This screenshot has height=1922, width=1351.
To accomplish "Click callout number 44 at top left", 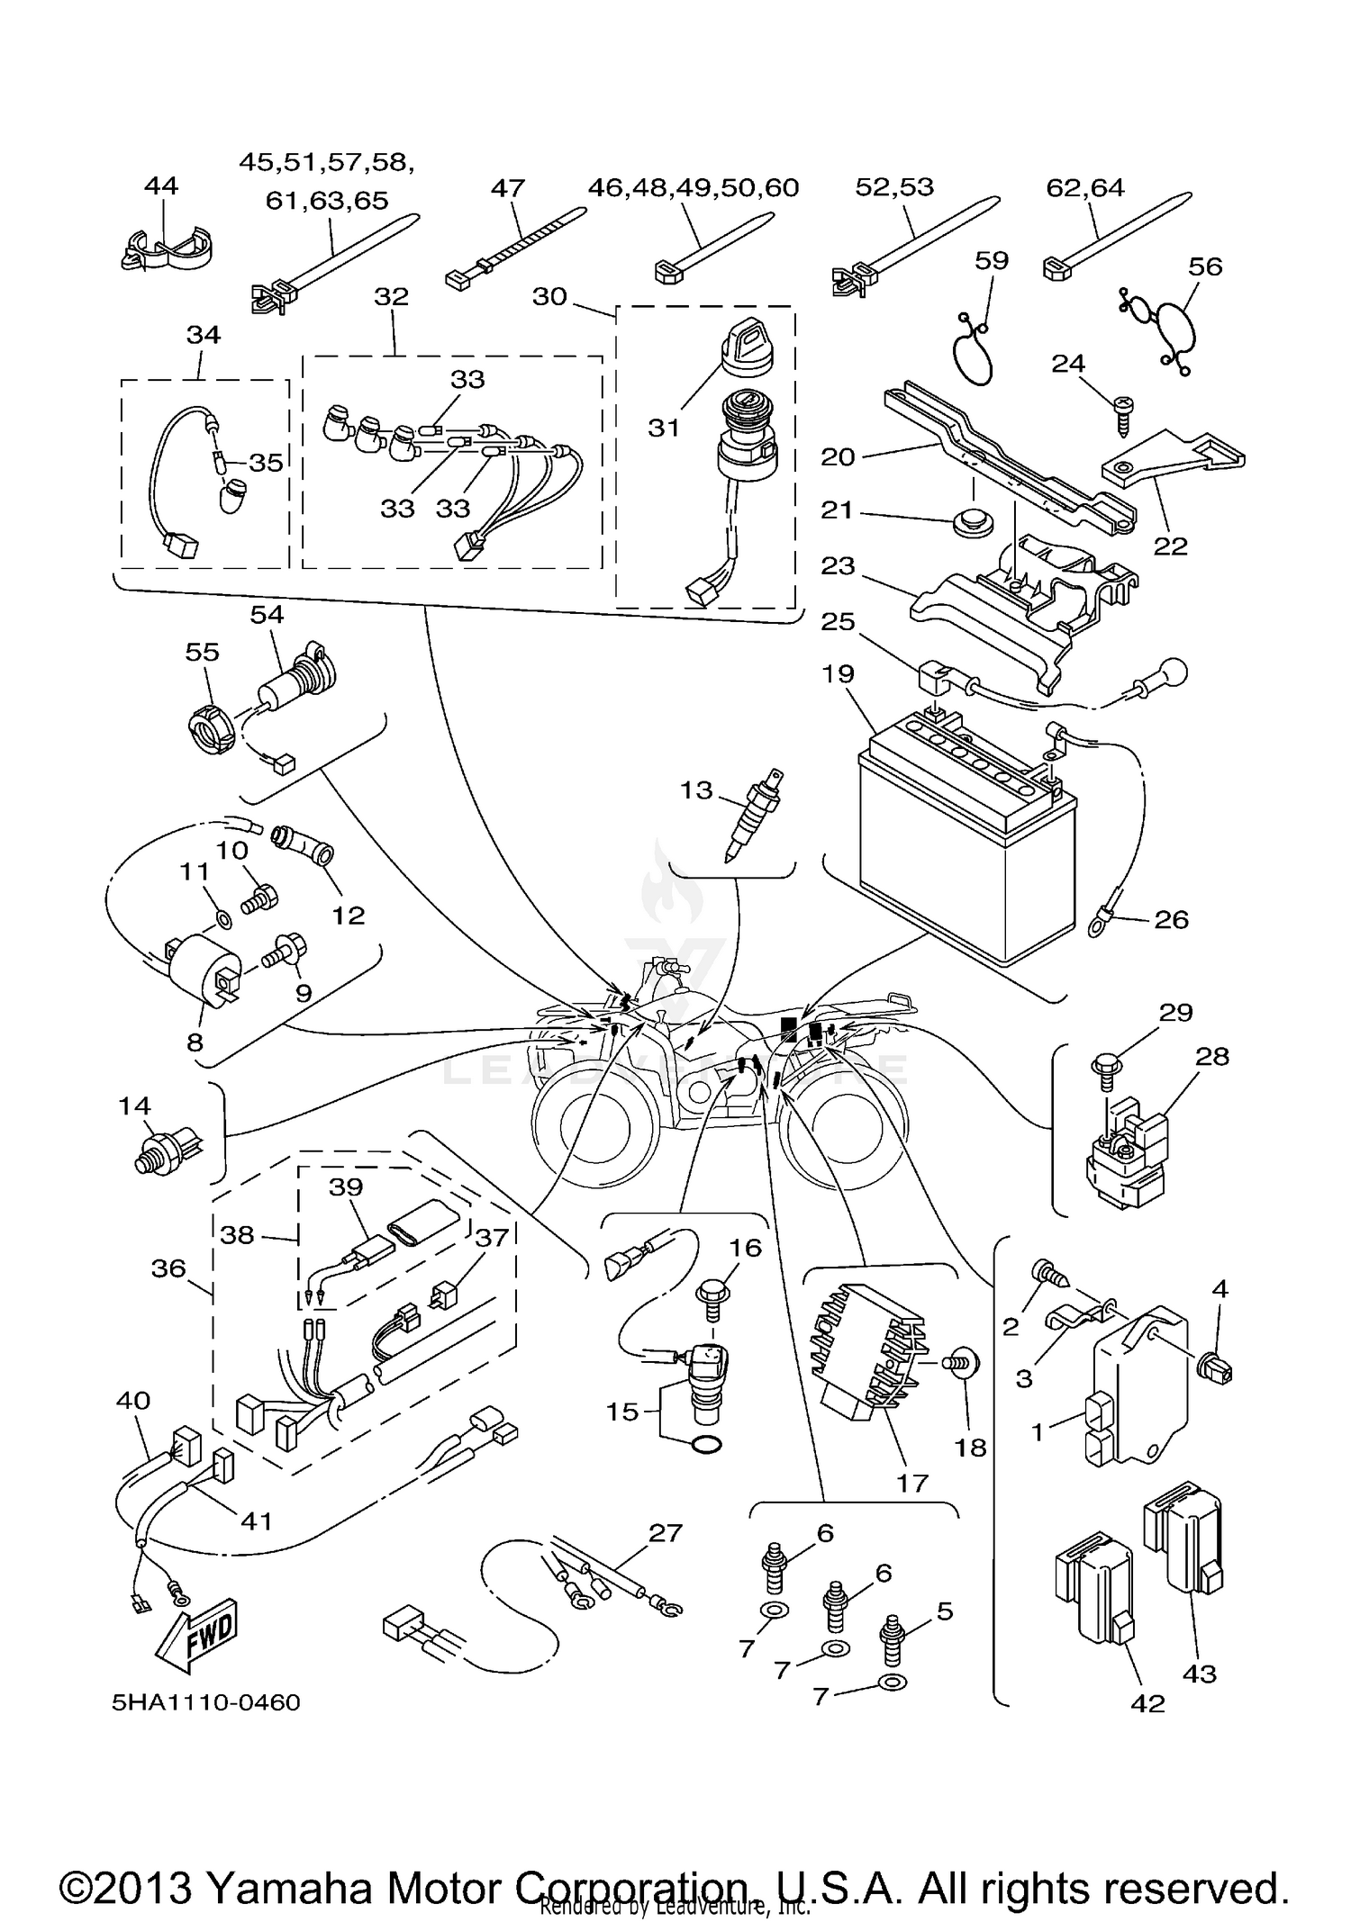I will click(x=161, y=186).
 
